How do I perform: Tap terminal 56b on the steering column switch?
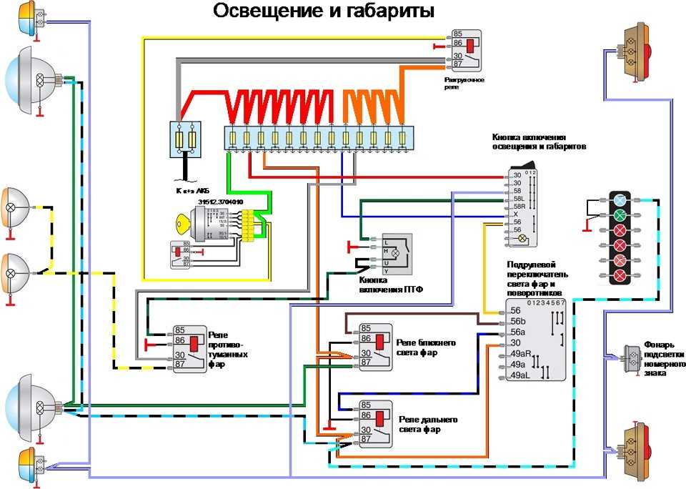point(516,321)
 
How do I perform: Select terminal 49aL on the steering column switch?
point(518,375)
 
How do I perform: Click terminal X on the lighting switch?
point(515,214)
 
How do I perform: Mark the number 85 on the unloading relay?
point(457,33)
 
